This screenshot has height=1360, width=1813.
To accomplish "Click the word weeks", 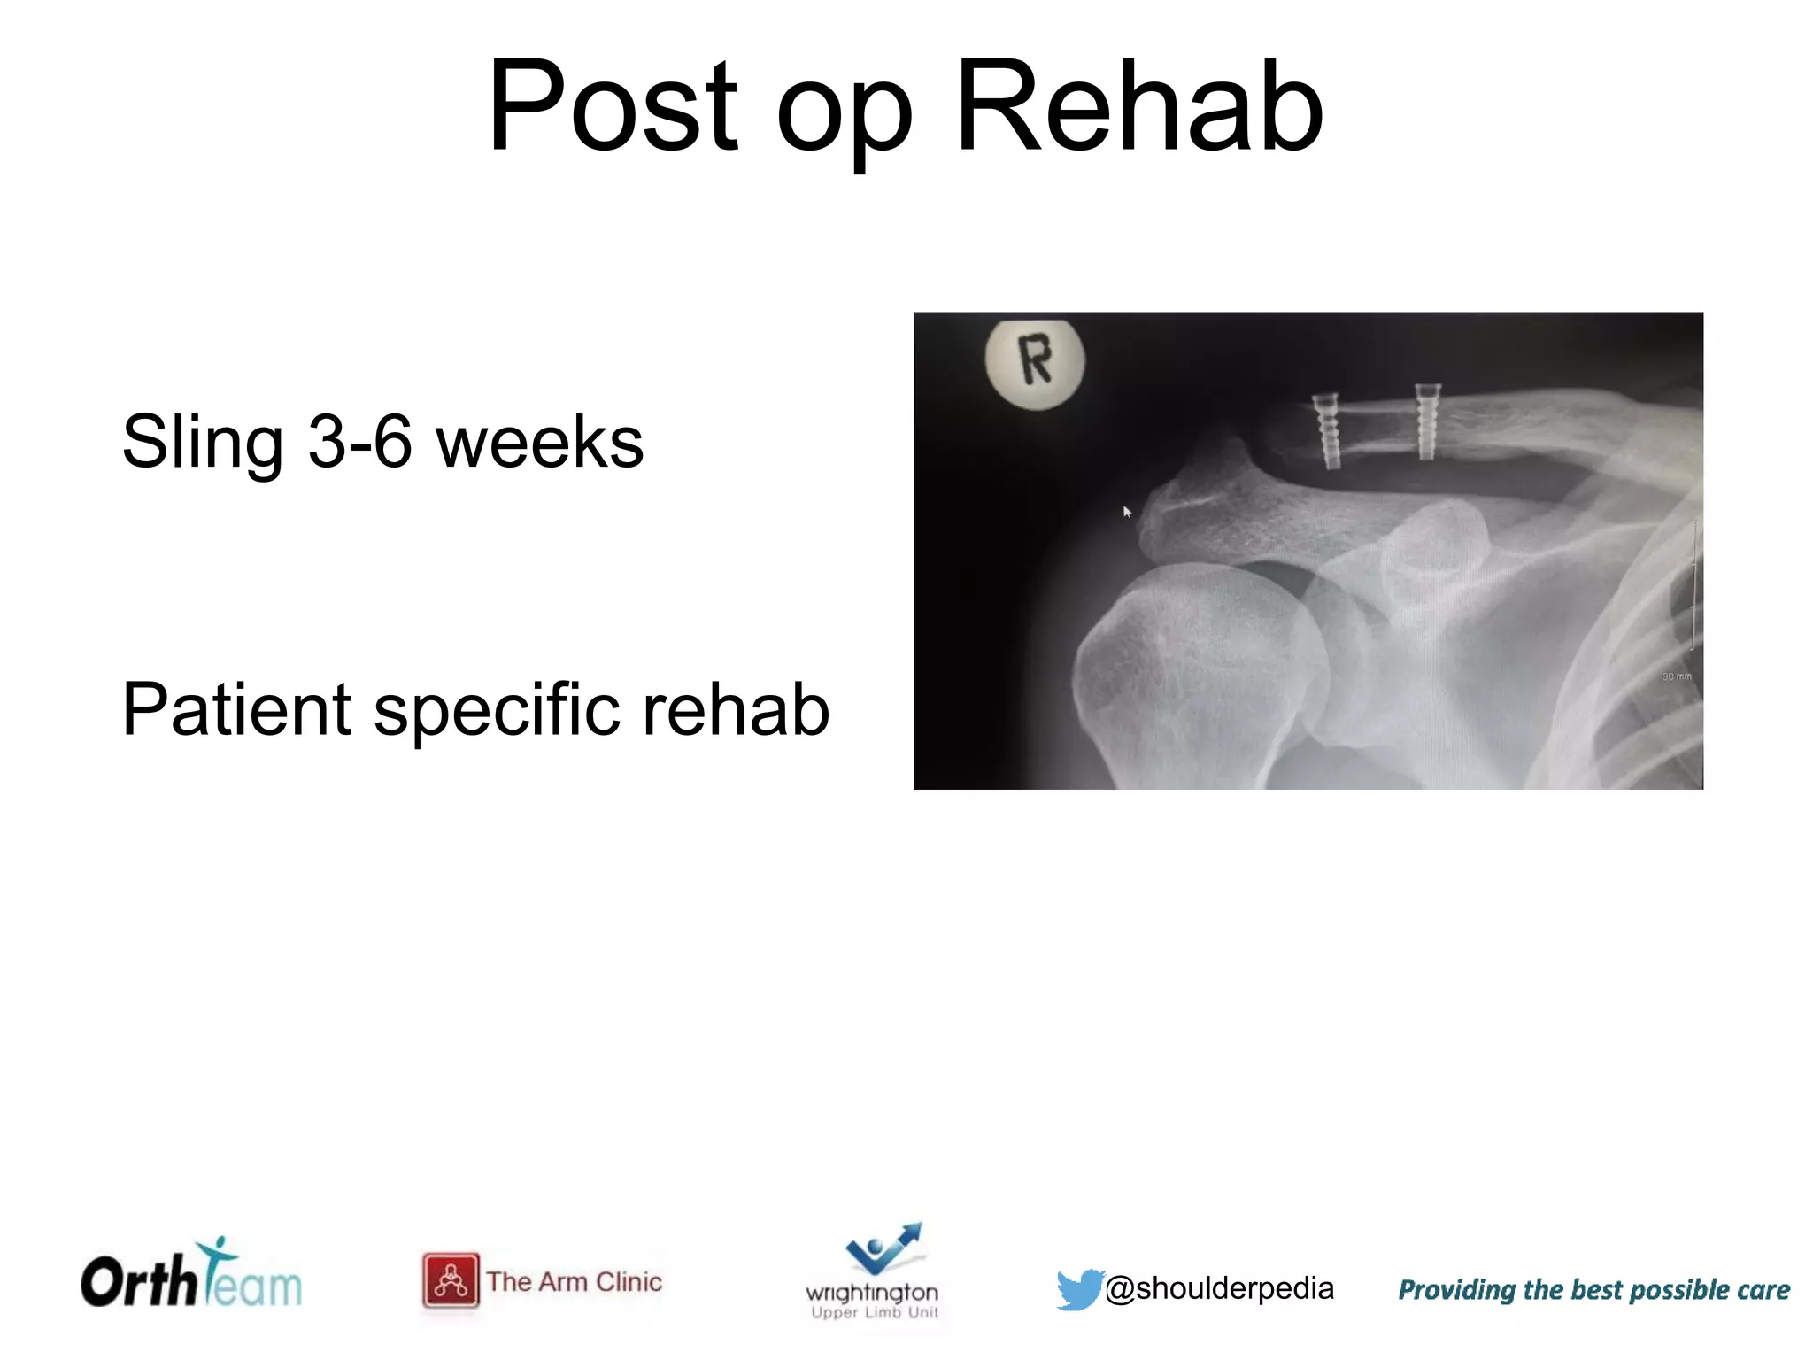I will [x=539, y=443].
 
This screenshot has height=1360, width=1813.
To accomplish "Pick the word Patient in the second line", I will [x=236, y=709].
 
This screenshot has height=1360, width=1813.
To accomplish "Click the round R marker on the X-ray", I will [x=1035, y=362].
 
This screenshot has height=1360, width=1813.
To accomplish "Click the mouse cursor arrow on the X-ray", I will [x=1127, y=512].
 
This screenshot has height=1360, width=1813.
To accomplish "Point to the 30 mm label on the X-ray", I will [x=1676, y=676].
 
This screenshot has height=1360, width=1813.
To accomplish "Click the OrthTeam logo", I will [x=191, y=1276].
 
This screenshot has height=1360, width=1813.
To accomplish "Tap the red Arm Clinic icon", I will [x=451, y=1280].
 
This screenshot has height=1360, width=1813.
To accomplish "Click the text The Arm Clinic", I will [x=574, y=1281].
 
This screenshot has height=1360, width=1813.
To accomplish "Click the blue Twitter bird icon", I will [x=1079, y=1288].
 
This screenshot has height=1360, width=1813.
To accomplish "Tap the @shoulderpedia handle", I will [x=1219, y=1288].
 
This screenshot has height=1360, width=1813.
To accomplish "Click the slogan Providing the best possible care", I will [x=1593, y=1290].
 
